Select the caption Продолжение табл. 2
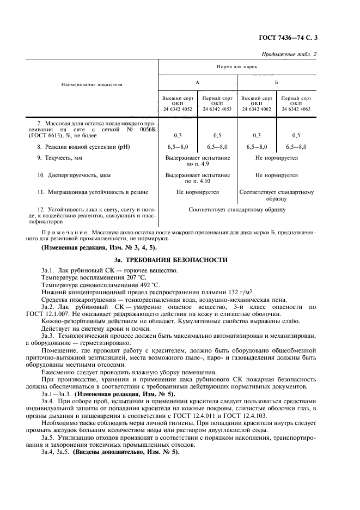point(289,53)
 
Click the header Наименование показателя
point(91,85)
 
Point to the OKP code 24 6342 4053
point(217,108)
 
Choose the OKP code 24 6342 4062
point(257,108)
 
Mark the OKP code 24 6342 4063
point(296,108)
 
